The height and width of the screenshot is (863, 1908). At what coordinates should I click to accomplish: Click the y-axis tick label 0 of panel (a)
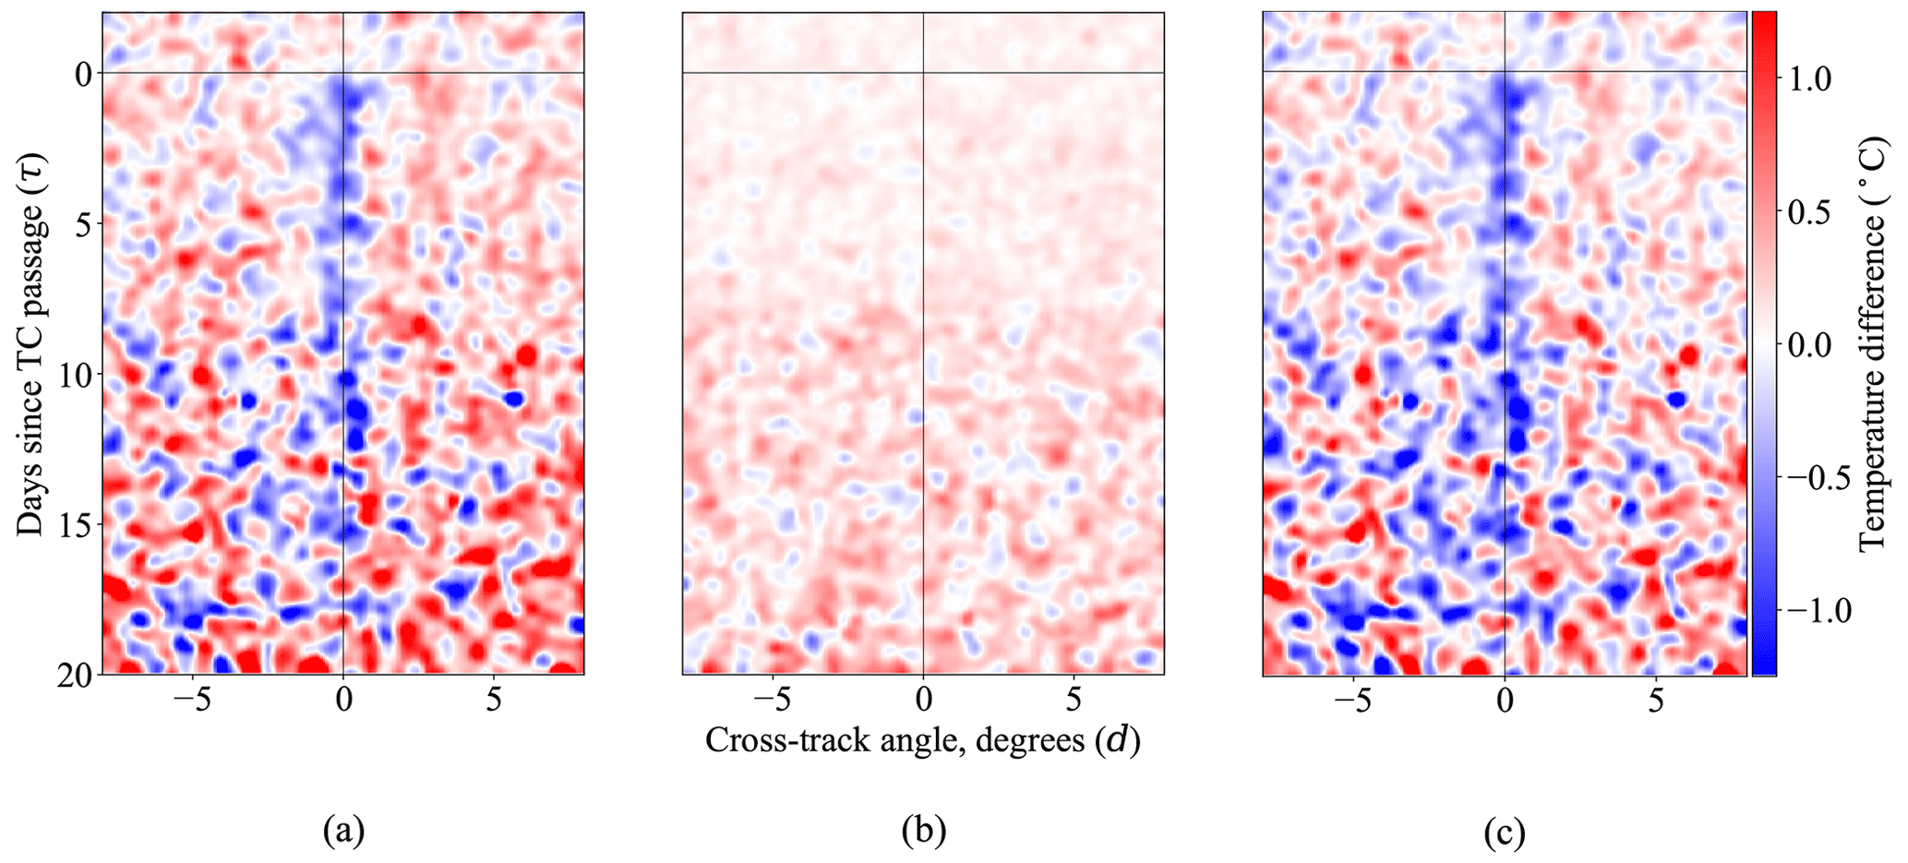[81, 73]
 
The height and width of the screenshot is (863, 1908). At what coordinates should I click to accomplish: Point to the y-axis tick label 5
[81, 223]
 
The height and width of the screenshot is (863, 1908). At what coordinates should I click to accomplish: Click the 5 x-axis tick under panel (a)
[494, 701]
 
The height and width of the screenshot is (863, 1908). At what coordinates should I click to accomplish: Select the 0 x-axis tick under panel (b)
[923, 701]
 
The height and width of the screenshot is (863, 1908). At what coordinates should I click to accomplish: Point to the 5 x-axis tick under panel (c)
[1656, 701]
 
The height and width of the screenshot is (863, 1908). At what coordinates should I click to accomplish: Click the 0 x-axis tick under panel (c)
[1505, 701]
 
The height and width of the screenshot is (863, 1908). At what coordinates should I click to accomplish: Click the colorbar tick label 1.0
[1811, 79]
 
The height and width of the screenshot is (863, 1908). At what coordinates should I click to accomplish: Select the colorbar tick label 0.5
[1811, 212]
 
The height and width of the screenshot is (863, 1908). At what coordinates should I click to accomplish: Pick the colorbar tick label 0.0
[1811, 345]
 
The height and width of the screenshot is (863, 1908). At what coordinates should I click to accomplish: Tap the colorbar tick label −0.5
[1819, 478]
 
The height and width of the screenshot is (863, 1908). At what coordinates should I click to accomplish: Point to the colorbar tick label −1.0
[1819, 611]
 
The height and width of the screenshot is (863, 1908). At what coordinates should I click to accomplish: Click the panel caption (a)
[343, 833]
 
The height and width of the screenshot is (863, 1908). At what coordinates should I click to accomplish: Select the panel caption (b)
[923, 833]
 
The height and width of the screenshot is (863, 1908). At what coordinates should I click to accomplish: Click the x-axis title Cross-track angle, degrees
[923, 740]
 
